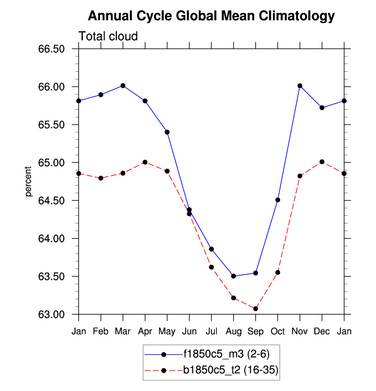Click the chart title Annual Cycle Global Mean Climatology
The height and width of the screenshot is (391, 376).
(211, 16)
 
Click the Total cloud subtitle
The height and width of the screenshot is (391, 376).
(108, 36)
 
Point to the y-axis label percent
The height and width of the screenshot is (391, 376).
(29, 181)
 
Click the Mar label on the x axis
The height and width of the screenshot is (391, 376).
(123, 332)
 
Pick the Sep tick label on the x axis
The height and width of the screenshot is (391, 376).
(255, 332)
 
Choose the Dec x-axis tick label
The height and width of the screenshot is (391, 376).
(322, 332)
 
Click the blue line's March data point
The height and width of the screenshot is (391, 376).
(123, 86)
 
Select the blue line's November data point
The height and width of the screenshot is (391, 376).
(300, 86)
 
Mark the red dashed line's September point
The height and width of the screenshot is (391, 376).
(255, 308)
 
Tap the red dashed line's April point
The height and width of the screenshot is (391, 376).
(145, 162)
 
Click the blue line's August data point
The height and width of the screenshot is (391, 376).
(233, 276)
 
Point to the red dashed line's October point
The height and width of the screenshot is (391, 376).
(278, 273)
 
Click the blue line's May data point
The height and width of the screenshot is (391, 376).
(167, 132)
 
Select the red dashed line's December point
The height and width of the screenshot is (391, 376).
(322, 162)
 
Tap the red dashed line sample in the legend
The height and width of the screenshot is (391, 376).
(164, 370)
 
